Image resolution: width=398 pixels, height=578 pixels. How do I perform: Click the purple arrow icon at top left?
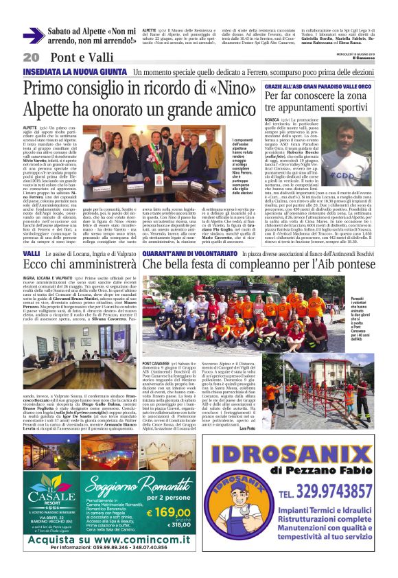pos(34,34)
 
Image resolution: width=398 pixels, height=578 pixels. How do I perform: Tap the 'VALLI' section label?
pos(31,254)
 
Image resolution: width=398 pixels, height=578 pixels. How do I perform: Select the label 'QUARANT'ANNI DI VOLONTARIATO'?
pos(185,254)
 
